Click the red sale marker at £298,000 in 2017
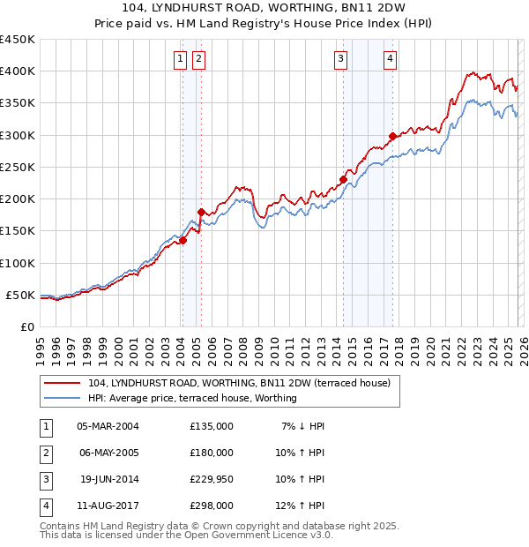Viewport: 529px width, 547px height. click(391, 136)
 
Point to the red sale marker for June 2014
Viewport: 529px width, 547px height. click(343, 179)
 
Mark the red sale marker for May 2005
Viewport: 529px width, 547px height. click(201, 212)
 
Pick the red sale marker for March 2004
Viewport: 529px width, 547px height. click(183, 240)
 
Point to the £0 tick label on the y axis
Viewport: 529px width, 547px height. click(26, 326)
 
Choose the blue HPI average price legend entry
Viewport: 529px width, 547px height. click(192, 398)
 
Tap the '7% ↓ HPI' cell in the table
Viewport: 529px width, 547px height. click(302, 426)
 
